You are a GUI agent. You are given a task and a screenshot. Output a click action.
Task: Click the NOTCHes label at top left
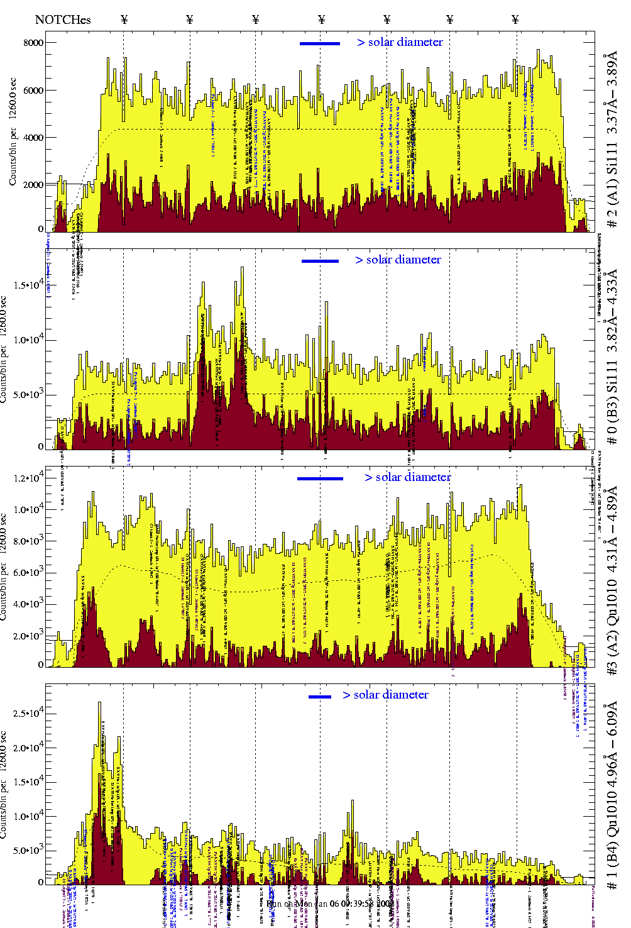pyautogui.click(x=63, y=19)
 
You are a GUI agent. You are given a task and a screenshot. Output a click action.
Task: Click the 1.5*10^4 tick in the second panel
pyautogui.click(x=30, y=285)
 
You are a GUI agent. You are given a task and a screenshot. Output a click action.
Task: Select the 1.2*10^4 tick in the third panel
pyautogui.click(x=30, y=478)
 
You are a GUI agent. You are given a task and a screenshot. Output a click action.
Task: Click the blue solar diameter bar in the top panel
pyautogui.click(x=320, y=43)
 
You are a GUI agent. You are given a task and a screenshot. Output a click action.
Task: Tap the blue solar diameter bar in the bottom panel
pyautogui.click(x=320, y=697)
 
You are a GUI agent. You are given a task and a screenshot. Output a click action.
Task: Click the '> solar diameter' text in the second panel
pyautogui.click(x=398, y=260)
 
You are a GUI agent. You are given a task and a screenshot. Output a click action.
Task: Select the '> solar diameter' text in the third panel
pyautogui.click(x=407, y=477)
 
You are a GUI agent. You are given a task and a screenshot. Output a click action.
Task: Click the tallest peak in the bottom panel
pyautogui.click(x=99, y=704)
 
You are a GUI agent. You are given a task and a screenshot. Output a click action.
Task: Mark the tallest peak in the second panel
pyautogui.click(x=242, y=268)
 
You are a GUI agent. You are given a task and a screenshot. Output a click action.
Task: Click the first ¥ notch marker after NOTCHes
pyautogui.click(x=124, y=19)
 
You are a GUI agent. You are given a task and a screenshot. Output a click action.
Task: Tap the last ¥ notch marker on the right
pyautogui.click(x=515, y=19)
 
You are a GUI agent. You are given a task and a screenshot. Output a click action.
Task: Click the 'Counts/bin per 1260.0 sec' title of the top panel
pyautogui.click(x=13, y=132)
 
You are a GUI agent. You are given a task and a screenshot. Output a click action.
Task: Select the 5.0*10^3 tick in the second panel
pyautogui.click(x=30, y=395)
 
